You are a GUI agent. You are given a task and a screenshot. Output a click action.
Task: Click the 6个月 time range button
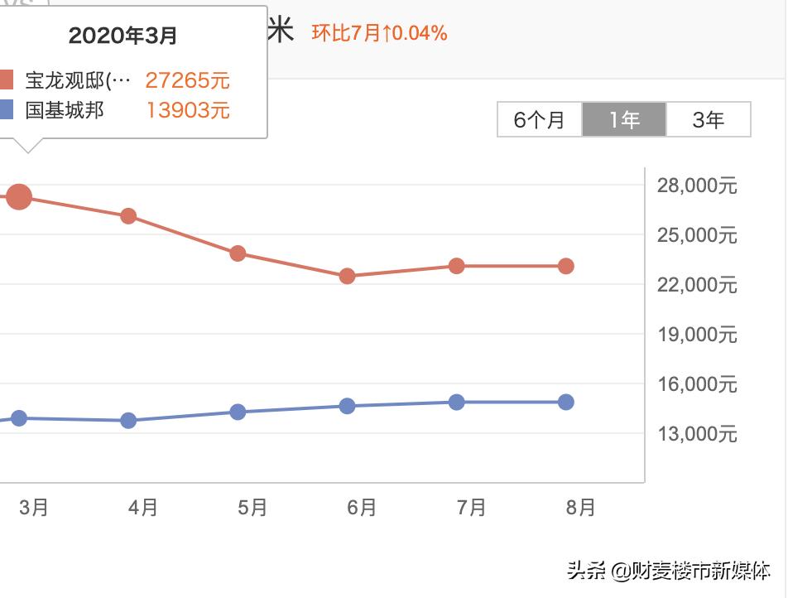(540, 120)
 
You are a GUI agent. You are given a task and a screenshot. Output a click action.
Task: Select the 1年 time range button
(624, 120)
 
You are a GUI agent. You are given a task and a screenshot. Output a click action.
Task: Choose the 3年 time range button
(709, 120)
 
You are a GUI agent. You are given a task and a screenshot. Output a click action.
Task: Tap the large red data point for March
(19, 197)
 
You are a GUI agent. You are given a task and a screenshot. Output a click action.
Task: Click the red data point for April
(128, 216)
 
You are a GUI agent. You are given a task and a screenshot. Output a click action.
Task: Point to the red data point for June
(348, 276)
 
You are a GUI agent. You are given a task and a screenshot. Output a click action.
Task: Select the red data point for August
(566, 266)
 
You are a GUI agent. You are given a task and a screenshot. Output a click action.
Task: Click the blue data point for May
(238, 412)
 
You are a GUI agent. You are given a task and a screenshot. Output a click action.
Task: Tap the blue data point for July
(457, 403)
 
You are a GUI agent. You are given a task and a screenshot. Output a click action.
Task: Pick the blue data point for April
(128, 421)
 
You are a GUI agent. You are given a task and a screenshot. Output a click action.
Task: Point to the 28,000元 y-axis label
(697, 186)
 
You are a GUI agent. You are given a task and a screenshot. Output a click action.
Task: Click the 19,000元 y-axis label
(697, 335)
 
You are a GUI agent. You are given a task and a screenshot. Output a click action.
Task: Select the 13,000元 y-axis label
(697, 434)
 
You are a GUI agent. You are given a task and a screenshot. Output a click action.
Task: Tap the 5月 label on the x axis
(252, 507)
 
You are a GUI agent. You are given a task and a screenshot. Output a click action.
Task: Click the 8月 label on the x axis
(581, 507)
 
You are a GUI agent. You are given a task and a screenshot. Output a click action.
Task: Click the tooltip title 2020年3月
(123, 36)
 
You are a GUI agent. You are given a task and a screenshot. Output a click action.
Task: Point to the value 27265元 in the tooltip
(188, 80)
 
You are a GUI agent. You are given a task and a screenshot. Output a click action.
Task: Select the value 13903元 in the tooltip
(188, 110)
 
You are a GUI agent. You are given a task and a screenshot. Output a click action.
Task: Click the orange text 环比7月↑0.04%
(379, 33)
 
